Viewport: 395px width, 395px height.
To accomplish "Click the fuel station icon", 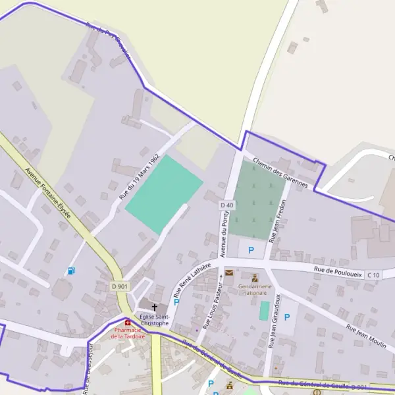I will pyautogui.click(x=71, y=271).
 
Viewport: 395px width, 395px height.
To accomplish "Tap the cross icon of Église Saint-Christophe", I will pyautogui.click(x=155, y=307).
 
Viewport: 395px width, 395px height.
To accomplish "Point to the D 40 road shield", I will pyautogui.click(x=226, y=205).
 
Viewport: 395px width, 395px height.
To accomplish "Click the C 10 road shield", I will pyautogui.click(x=373, y=275).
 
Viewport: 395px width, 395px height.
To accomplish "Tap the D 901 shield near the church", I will pyautogui.click(x=120, y=286).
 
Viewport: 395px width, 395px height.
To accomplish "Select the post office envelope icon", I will pyautogui.click(x=229, y=273).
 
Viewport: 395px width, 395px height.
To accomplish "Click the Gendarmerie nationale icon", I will pyautogui.click(x=255, y=278).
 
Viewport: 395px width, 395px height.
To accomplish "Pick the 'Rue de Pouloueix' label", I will pyautogui.click(x=338, y=271).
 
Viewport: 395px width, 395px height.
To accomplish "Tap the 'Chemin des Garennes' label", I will pyautogui.click(x=280, y=172).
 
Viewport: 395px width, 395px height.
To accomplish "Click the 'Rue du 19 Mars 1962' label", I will pyautogui.click(x=140, y=177).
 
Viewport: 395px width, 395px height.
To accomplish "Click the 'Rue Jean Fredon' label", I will pyautogui.click(x=279, y=218).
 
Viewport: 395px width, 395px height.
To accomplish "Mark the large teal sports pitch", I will pyautogui.click(x=164, y=194).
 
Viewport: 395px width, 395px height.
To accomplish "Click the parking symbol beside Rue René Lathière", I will pyautogui.click(x=176, y=302).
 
